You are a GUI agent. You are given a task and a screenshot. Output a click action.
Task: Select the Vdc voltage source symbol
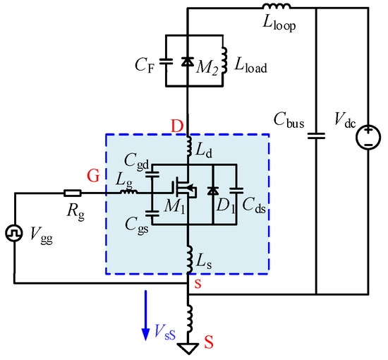368,134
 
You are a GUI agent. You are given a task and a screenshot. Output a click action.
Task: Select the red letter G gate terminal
93,175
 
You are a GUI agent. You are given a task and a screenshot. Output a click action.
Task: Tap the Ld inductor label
205,150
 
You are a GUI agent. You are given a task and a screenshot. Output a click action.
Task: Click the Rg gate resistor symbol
71,192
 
